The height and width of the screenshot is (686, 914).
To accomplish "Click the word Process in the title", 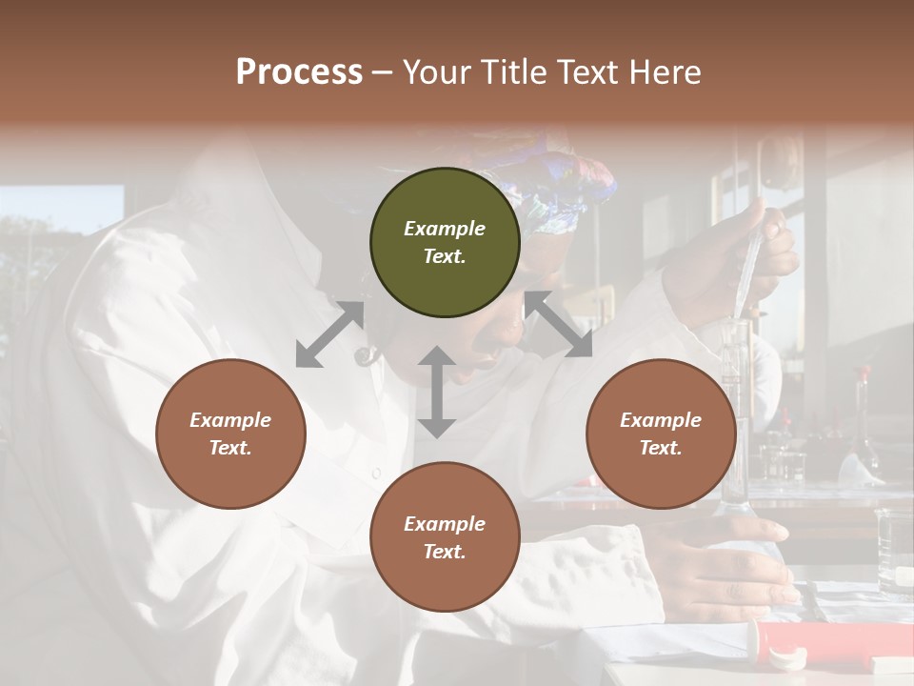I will (x=299, y=72).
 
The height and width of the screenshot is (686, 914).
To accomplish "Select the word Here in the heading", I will (x=664, y=72).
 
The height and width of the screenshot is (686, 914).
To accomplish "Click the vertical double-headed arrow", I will (x=436, y=392).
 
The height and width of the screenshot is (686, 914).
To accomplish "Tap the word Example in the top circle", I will (x=445, y=229).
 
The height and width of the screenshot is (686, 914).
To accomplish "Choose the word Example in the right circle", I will (x=661, y=420).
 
